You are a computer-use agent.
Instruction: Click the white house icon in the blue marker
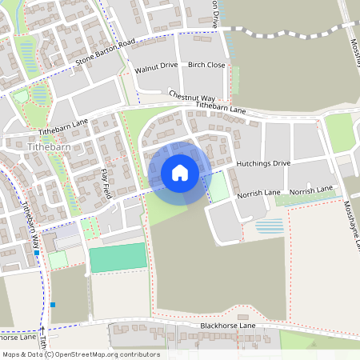point(179,172)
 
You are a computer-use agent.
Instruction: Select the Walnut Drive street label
point(156,68)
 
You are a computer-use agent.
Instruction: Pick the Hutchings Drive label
point(263,162)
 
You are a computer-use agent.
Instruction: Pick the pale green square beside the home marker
point(217,189)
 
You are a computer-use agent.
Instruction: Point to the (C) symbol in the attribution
point(50,354)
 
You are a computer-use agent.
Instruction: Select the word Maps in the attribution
point(11,354)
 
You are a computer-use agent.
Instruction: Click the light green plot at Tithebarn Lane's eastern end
point(338,132)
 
